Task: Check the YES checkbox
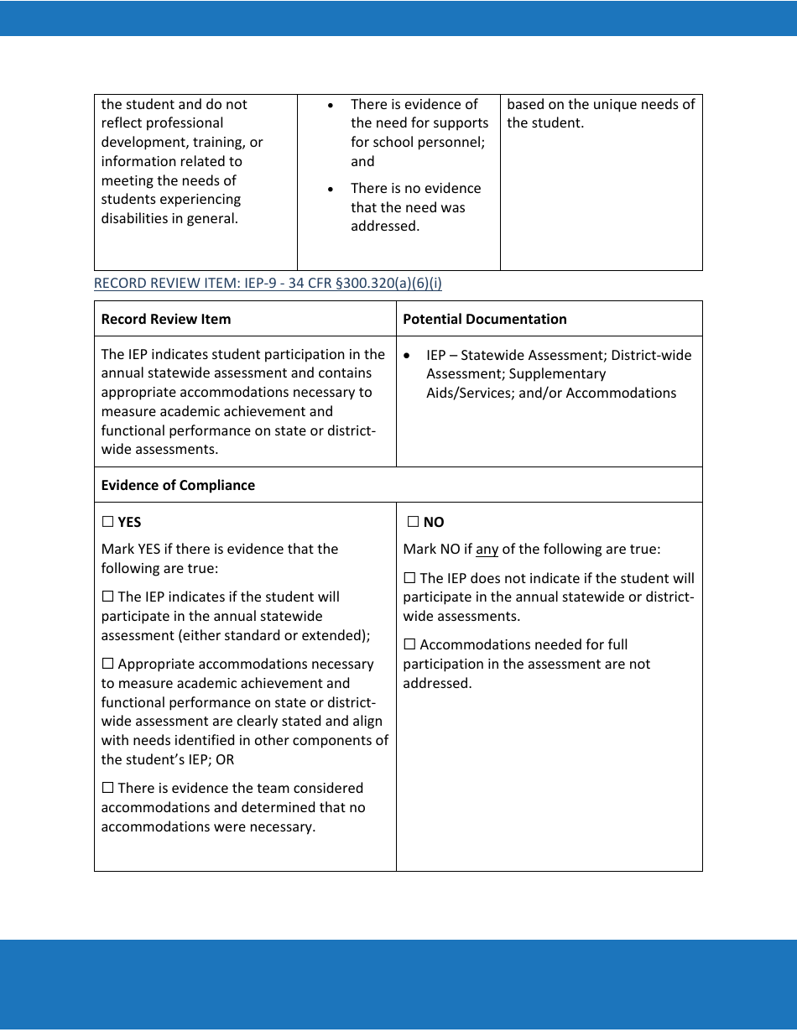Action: click(x=107, y=522)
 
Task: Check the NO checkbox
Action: click(x=413, y=522)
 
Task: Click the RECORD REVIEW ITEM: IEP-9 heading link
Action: click(x=268, y=283)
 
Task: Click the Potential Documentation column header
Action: click(x=484, y=319)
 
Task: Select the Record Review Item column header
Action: click(x=165, y=319)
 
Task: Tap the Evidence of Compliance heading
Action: click(x=178, y=485)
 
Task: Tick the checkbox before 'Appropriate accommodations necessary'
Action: click(x=107, y=665)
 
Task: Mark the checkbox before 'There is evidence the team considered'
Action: click(x=107, y=789)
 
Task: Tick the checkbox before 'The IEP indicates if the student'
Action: click(x=107, y=597)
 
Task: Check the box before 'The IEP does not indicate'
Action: click(x=409, y=578)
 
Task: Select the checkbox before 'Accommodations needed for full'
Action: click(x=409, y=645)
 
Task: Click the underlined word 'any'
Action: click(x=487, y=550)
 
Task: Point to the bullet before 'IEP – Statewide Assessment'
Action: click(x=407, y=356)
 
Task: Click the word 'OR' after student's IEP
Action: click(x=225, y=760)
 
